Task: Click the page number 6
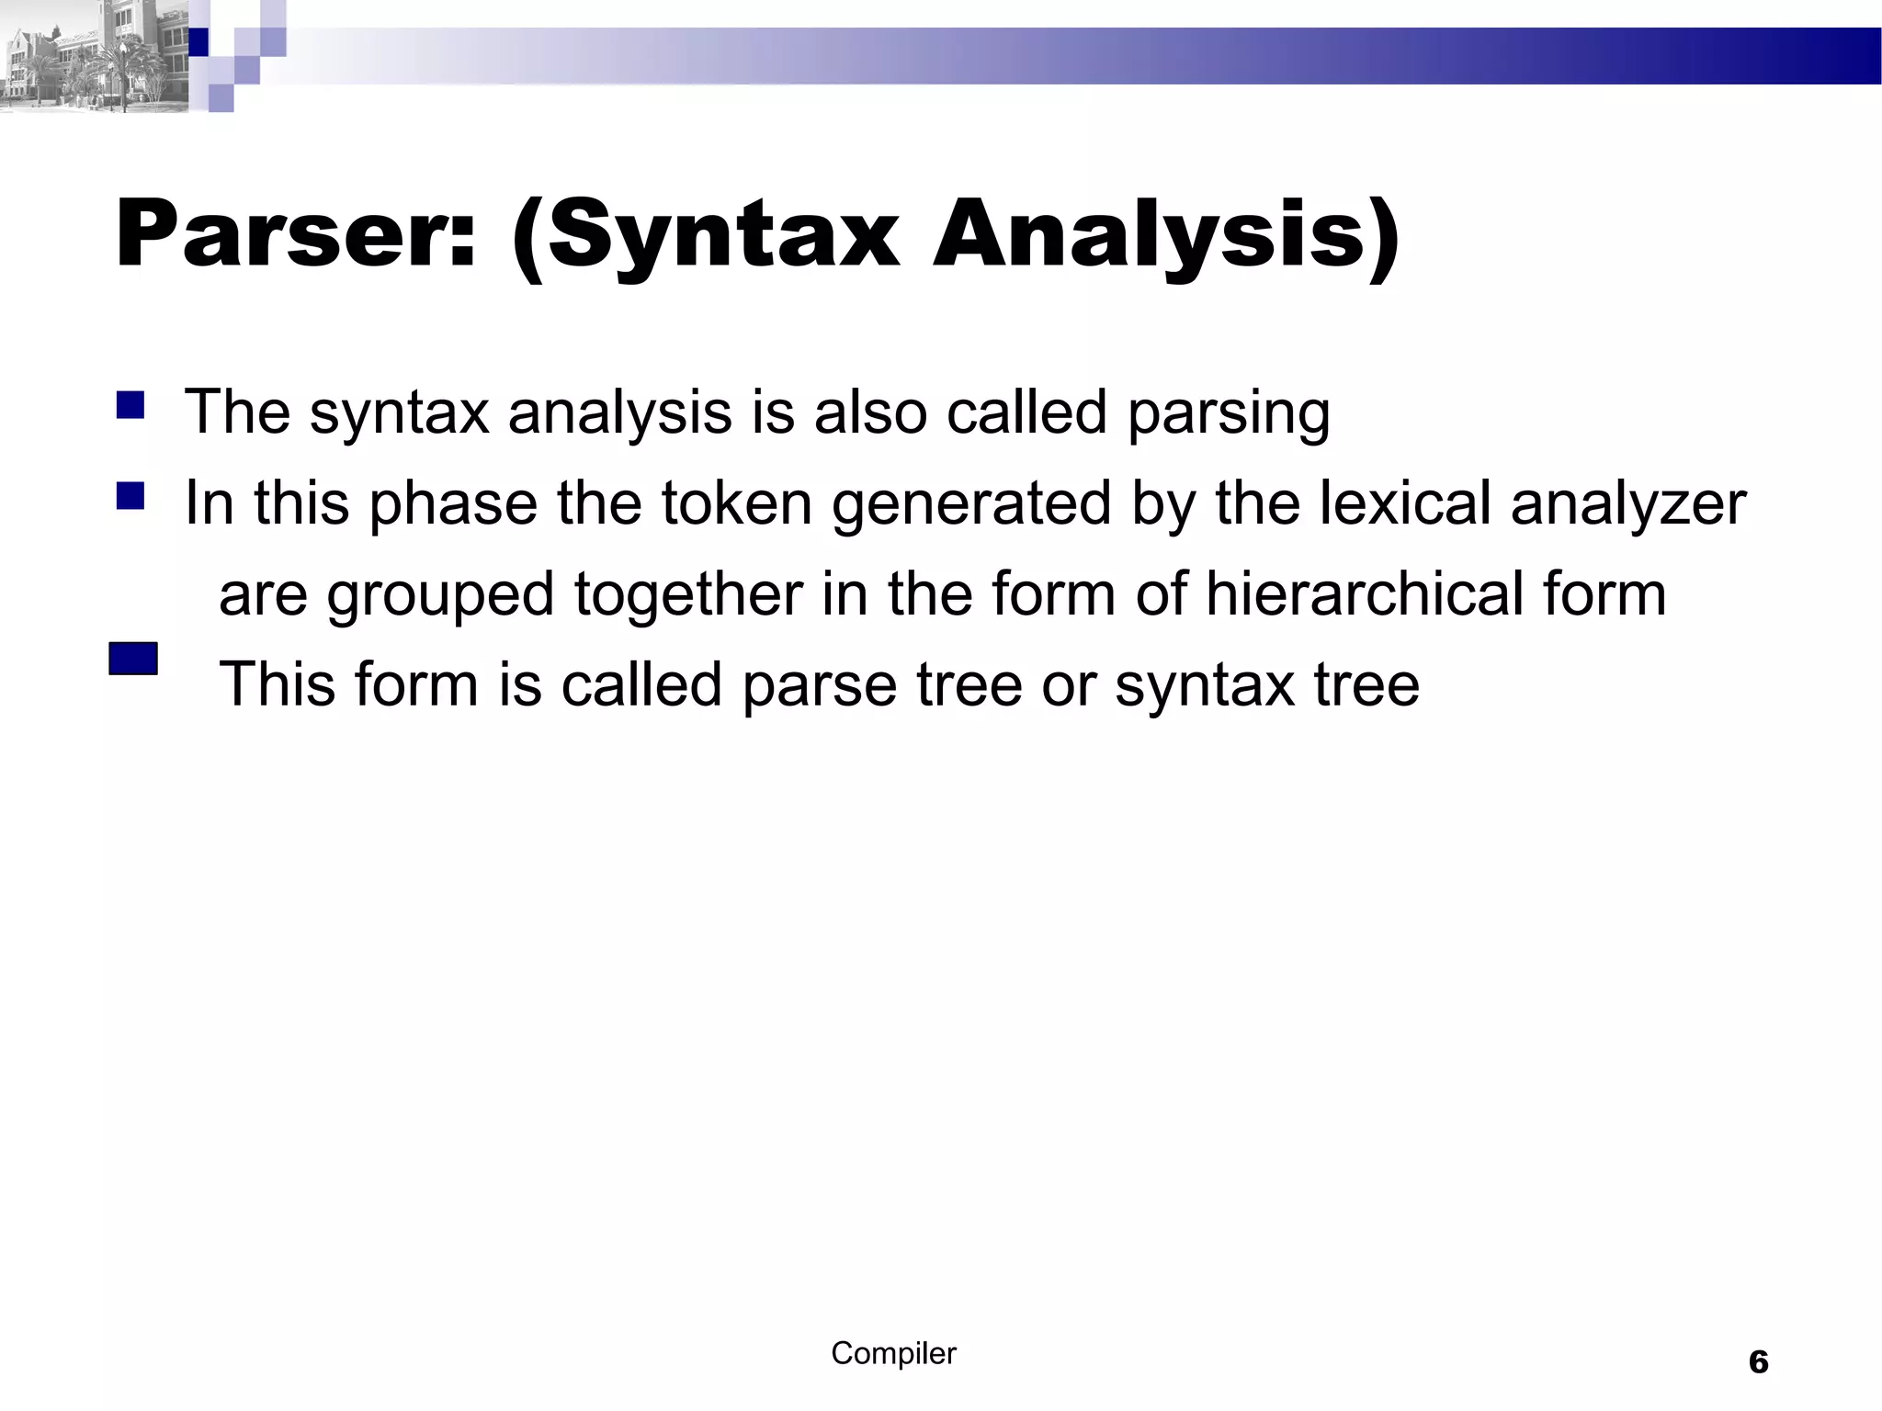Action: (1758, 1361)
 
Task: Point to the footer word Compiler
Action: (893, 1353)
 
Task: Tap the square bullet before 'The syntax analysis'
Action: (130, 405)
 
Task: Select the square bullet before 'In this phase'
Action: (130, 496)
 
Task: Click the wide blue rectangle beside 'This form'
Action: (133, 659)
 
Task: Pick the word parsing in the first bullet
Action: (1229, 413)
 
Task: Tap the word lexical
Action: (1405, 503)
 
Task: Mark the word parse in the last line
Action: (819, 686)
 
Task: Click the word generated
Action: (971, 505)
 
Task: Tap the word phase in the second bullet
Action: (453, 505)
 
